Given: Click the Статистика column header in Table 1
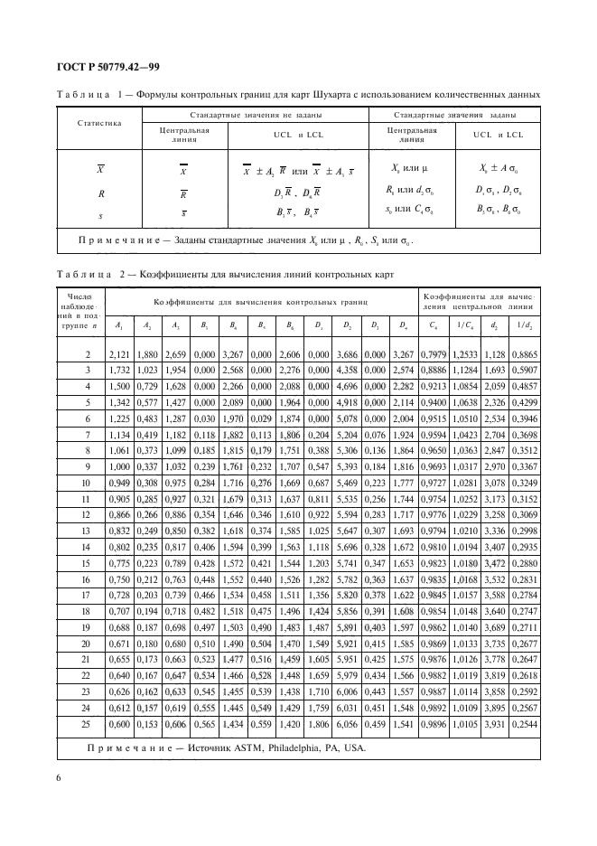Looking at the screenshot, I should (x=98, y=122).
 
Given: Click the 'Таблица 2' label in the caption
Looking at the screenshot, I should (x=87, y=275).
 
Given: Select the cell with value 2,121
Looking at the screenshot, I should (x=119, y=355).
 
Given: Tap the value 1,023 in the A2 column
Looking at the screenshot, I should (x=146, y=370).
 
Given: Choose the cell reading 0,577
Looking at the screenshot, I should (x=146, y=400).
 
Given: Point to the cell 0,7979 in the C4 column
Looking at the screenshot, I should (x=434, y=355).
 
